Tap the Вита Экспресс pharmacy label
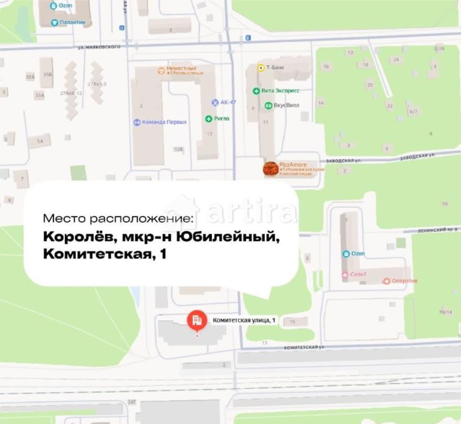point(280,91)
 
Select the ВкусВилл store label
point(286,105)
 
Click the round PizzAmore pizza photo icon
point(271,169)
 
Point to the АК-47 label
point(228,102)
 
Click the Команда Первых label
point(164,122)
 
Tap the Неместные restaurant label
point(181,69)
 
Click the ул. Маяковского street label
point(99,47)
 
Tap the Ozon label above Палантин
point(65,6)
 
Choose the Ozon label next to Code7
point(357,254)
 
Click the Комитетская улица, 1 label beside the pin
point(244,320)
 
